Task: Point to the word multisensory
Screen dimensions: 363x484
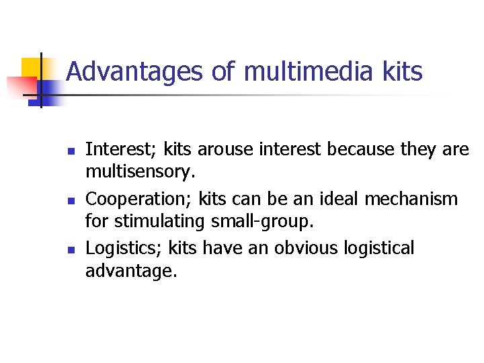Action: tap(139, 171)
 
